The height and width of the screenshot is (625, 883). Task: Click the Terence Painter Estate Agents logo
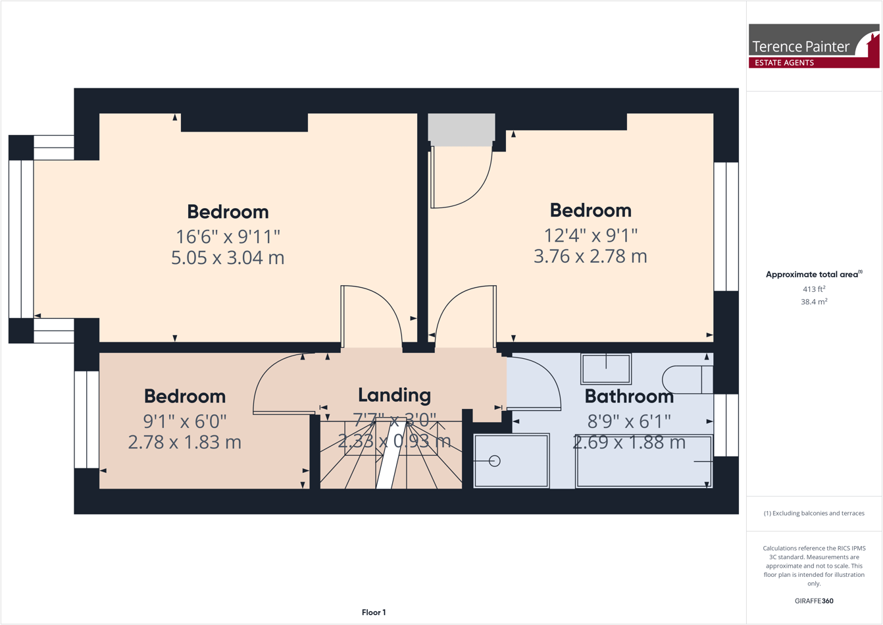tap(813, 46)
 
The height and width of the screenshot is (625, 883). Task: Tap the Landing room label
tap(394, 395)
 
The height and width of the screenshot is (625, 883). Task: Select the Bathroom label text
tap(629, 396)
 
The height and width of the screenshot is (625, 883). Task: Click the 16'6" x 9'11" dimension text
tap(228, 236)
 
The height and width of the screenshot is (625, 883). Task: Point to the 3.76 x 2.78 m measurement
tap(590, 256)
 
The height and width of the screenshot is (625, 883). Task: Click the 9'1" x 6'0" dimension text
tap(184, 420)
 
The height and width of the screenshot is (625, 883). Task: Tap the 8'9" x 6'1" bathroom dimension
tap(629, 421)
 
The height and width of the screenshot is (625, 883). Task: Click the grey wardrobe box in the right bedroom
tap(461, 128)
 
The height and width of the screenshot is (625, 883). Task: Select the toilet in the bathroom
tap(687, 380)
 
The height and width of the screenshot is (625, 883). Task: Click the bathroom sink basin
tap(606, 368)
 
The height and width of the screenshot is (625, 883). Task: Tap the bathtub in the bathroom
tap(643, 461)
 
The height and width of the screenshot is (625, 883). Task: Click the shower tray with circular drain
tap(511, 460)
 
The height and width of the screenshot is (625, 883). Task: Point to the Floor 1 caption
tap(374, 612)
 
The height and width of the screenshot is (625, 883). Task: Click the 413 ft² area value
tap(813, 289)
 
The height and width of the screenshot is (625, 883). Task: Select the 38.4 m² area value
tap(813, 302)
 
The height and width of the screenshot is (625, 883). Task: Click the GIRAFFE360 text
tap(813, 601)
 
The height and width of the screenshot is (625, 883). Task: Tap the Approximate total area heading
tap(813, 275)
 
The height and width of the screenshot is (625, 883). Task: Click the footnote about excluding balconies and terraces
tap(813, 513)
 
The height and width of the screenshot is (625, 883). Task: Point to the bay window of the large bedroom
tap(21, 239)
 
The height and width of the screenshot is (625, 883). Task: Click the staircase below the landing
tap(391, 461)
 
